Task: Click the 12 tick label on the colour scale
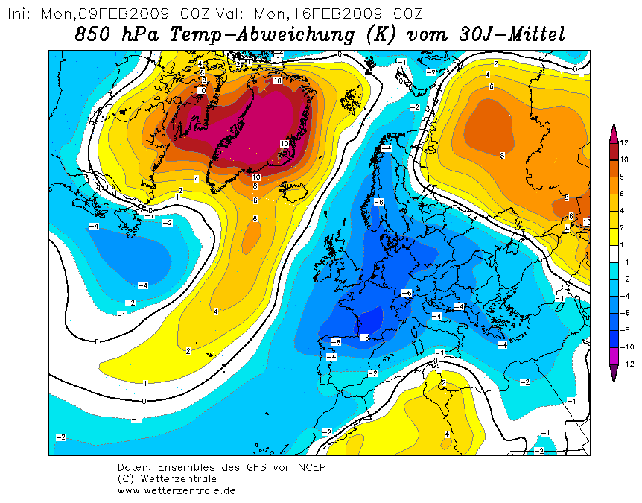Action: click(624, 143)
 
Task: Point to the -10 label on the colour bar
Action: click(627, 347)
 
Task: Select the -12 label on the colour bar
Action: click(627, 364)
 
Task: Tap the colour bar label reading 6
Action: click(623, 194)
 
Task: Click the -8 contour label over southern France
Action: click(364, 338)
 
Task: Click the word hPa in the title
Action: click(140, 34)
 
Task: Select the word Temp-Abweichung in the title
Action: click(262, 34)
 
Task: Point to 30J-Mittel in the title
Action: click(512, 34)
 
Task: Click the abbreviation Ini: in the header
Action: click(19, 14)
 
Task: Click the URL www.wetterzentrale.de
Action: click(177, 490)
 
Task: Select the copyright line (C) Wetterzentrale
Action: click(167, 479)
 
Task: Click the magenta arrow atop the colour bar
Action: click(614, 134)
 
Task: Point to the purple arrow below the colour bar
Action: click(614, 373)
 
